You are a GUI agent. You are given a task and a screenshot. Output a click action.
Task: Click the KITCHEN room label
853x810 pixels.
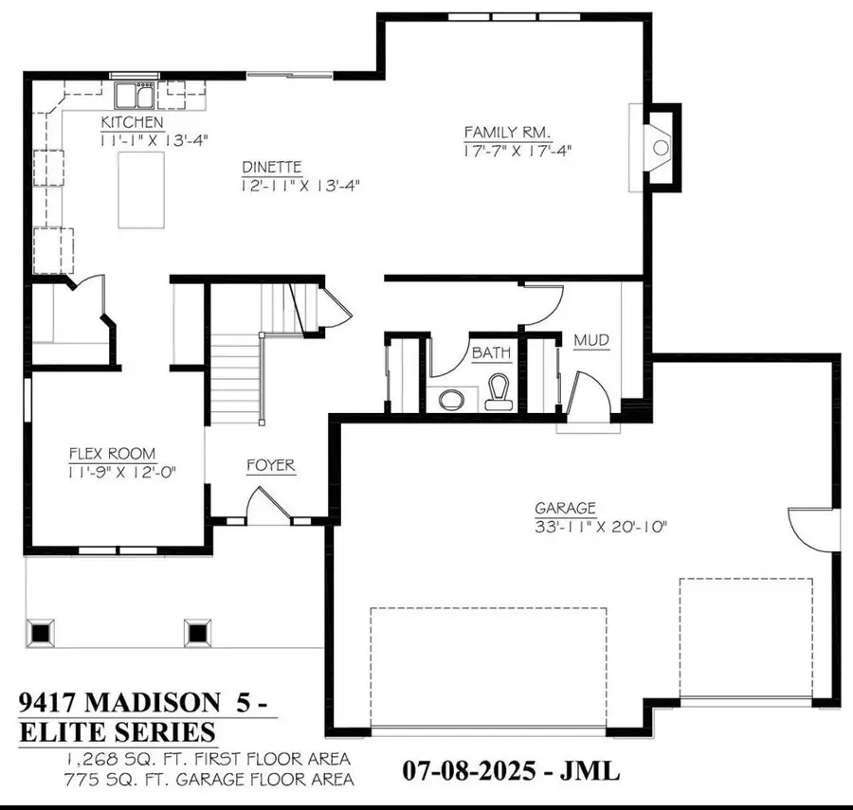[133, 123]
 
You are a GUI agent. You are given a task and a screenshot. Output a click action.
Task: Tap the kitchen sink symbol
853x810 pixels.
[136, 96]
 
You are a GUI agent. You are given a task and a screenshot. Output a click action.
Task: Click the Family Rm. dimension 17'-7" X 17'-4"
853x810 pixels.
[517, 150]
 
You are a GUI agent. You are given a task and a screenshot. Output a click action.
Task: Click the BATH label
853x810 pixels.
[491, 352]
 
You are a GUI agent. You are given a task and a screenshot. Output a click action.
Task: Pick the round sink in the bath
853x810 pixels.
[453, 397]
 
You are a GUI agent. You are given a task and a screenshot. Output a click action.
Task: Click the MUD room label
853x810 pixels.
[590, 340]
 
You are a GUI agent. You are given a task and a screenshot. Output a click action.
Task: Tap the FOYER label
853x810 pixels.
[270, 465]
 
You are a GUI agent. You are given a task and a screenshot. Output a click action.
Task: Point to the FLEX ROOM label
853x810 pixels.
[112, 454]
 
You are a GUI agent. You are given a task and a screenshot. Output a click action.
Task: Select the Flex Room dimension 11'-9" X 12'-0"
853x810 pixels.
[122, 471]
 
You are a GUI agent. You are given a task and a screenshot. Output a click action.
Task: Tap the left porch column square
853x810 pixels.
[42, 632]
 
